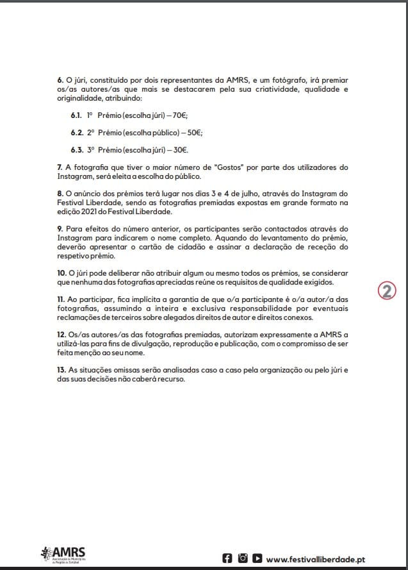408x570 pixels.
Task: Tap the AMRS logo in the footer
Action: tap(63, 555)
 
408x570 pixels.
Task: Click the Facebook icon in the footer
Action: tap(227, 558)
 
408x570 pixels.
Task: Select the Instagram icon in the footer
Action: tap(242, 558)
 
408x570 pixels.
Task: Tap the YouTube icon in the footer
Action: tap(257, 558)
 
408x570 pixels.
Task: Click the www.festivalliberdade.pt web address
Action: tap(324, 558)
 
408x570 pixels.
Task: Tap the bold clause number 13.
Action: tap(61, 370)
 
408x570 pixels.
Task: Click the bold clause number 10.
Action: tap(61, 273)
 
